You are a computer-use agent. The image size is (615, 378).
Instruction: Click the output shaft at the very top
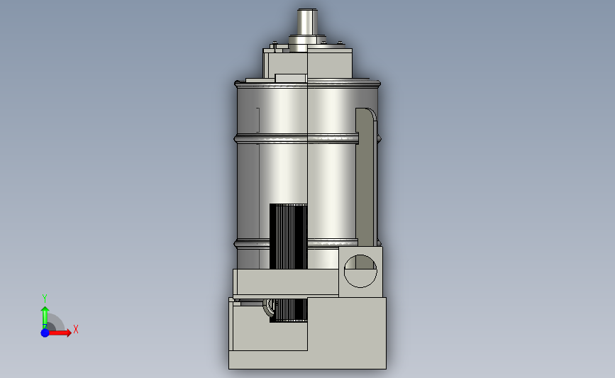(x=307, y=22)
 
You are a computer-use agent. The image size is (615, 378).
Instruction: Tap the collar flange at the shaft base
(x=308, y=40)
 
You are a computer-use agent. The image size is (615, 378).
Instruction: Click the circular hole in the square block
(x=360, y=271)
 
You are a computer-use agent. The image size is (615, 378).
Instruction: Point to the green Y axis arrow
(x=45, y=318)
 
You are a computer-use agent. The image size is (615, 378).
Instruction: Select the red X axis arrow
(x=60, y=333)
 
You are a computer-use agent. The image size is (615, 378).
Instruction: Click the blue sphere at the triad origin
(x=45, y=333)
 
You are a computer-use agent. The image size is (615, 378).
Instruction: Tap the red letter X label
(x=76, y=329)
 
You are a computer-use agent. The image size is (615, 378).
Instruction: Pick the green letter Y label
(x=44, y=299)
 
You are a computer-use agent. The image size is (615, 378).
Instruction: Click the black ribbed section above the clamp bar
(x=288, y=236)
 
